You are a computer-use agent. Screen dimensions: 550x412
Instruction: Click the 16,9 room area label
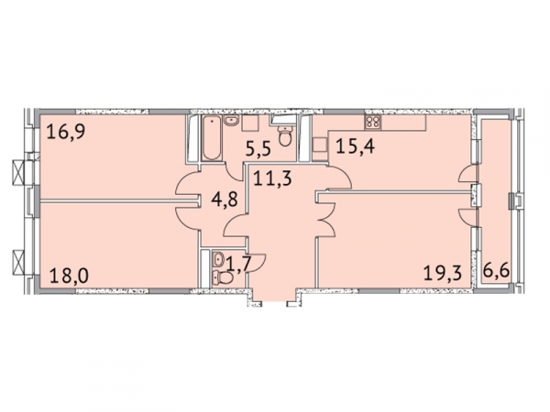(66, 133)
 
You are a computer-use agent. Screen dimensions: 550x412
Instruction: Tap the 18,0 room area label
(69, 275)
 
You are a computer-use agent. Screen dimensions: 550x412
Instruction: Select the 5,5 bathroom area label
(258, 148)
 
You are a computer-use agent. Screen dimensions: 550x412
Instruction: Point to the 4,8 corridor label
(225, 199)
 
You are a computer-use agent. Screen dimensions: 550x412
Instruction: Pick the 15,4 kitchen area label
(356, 146)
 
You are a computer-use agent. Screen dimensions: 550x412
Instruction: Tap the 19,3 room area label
(443, 273)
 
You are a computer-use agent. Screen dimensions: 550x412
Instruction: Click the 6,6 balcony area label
(496, 270)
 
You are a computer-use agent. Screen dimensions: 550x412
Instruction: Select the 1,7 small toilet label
(239, 264)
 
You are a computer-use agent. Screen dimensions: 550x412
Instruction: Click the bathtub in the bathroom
(212, 138)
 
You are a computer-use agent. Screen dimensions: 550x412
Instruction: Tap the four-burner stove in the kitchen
(372, 122)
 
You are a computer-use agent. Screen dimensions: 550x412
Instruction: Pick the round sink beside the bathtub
(231, 121)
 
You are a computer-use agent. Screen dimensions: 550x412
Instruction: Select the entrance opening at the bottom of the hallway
(274, 301)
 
